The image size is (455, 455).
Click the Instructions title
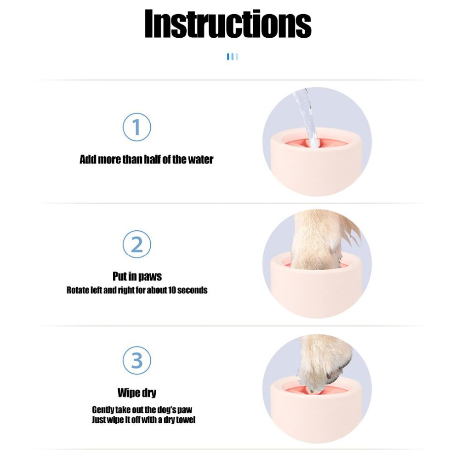tap(228, 23)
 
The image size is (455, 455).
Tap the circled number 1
tap(136, 127)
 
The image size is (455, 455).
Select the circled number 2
tap(136, 245)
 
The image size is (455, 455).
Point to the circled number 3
tap(136, 360)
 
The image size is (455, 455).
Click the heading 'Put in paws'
tap(137, 277)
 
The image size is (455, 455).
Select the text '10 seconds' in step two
tap(188, 290)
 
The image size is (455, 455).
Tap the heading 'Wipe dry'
tap(137, 392)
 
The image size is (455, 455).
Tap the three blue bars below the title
tap(233, 57)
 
